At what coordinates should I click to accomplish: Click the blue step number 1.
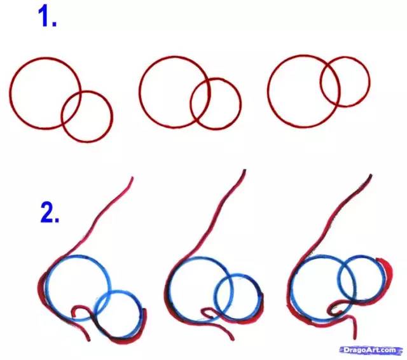click(48, 17)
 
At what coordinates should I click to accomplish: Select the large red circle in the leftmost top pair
click(45, 93)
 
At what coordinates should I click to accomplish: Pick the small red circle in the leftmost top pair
click(87, 116)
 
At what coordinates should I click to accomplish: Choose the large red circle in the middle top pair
click(174, 92)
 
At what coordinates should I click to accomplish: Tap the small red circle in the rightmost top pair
click(345, 81)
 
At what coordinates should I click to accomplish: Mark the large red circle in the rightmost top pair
click(303, 91)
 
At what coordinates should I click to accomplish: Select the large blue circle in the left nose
click(77, 288)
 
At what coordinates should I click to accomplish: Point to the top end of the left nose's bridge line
click(132, 178)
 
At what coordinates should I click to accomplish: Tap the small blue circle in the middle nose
click(237, 296)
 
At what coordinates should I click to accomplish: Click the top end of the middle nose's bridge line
click(244, 170)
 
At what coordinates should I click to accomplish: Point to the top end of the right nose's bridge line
click(371, 176)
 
